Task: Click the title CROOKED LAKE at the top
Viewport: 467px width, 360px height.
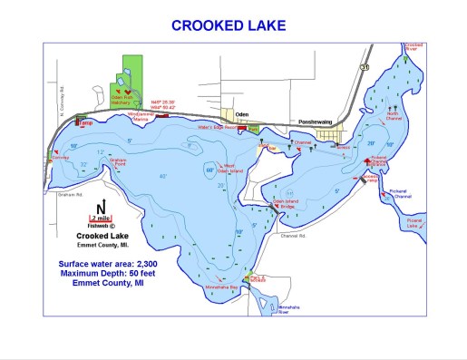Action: click(x=232, y=25)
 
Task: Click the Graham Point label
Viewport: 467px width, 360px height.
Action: click(x=117, y=161)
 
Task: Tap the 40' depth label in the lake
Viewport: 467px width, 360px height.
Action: click(x=163, y=175)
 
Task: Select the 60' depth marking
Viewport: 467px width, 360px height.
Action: click(x=209, y=169)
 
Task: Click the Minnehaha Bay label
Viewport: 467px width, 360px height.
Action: click(x=222, y=287)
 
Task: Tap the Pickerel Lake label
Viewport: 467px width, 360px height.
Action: click(x=414, y=221)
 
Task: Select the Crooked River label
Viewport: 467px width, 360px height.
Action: click(x=414, y=45)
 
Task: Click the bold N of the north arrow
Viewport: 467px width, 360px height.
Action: click(x=102, y=204)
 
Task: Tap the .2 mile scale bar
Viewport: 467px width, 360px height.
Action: click(x=102, y=218)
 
